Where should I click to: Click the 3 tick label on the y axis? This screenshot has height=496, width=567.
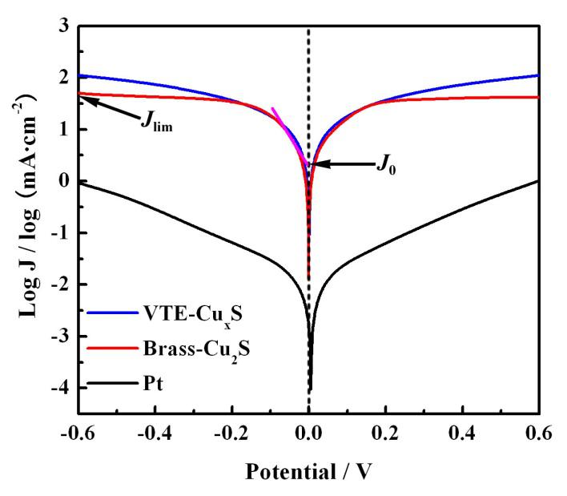(x=62, y=26)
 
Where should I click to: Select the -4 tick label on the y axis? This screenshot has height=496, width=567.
(x=58, y=388)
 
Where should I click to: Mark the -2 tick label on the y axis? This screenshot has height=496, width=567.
(x=58, y=284)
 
